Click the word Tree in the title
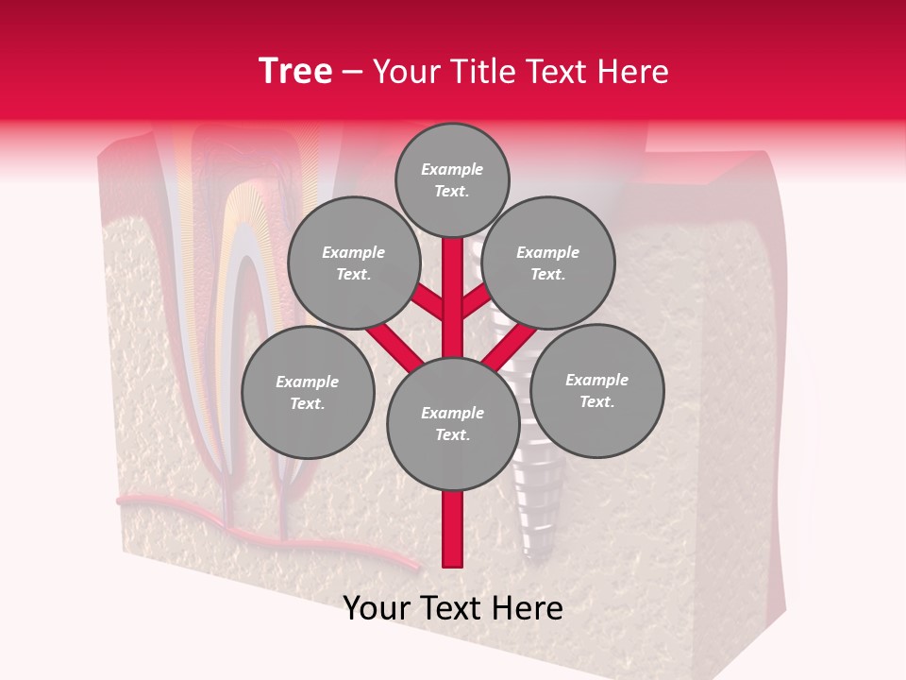[x=295, y=72]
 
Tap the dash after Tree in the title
[x=352, y=73]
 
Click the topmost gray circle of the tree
[x=452, y=179]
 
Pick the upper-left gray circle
[x=353, y=263]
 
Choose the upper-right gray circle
[x=547, y=263]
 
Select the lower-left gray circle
[x=308, y=392]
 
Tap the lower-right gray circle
[x=596, y=390]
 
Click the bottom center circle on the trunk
[x=452, y=423]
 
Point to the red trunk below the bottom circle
[x=452, y=529]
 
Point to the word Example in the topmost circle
[x=452, y=170]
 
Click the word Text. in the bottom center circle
[x=452, y=434]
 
